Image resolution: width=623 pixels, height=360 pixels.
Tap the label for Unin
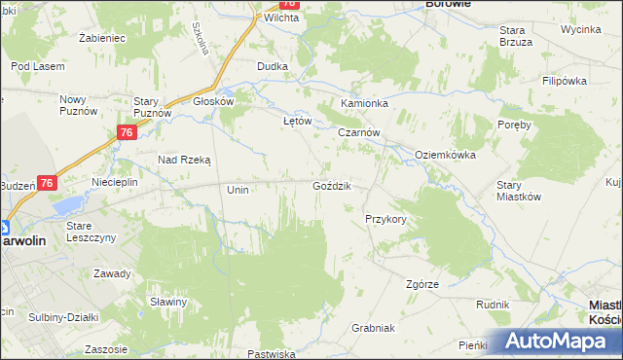(238, 191)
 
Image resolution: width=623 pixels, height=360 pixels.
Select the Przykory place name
(385, 220)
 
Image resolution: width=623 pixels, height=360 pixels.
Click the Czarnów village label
(358, 133)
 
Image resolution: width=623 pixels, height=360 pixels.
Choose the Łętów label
(296, 122)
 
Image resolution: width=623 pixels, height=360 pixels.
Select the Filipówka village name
(568, 80)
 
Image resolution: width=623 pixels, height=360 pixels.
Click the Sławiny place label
(168, 302)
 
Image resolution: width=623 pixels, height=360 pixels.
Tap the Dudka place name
(272, 66)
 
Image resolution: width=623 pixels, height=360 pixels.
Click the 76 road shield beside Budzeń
(48, 182)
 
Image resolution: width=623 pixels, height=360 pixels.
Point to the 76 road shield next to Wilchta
(288, 4)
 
